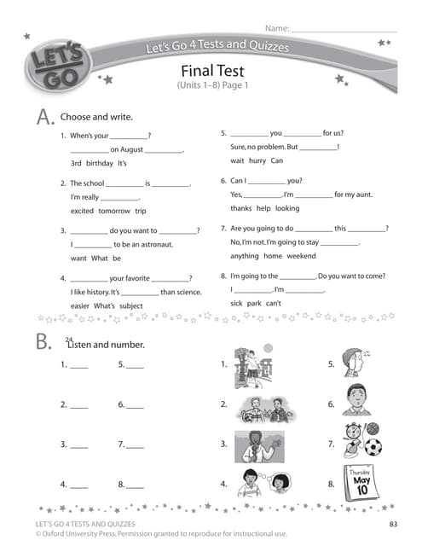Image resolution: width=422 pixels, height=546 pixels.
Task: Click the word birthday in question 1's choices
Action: coord(99,163)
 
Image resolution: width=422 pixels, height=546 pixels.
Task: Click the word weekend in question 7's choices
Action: coord(301,256)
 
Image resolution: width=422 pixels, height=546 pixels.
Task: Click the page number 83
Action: coord(393,524)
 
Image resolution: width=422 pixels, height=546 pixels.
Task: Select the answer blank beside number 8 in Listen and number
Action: coord(135,485)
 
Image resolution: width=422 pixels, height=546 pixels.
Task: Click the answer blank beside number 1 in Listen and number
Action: coord(78,365)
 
